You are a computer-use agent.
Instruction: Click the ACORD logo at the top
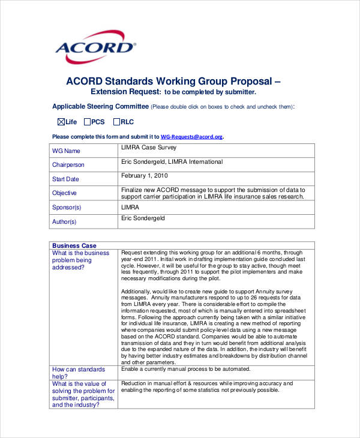pyautogui.click(x=95, y=46)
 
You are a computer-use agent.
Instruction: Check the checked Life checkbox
pyautogui.click(x=61, y=122)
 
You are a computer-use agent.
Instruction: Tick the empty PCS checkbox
pyautogui.click(x=87, y=122)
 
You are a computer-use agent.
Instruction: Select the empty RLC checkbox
pyautogui.click(x=116, y=122)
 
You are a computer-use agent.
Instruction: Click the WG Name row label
pyautogui.click(x=66, y=151)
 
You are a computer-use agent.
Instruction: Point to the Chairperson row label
pyautogui.click(x=68, y=165)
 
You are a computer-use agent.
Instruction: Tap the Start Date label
pyautogui.click(x=65, y=179)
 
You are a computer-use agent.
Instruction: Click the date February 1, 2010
pyautogui.click(x=145, y=176)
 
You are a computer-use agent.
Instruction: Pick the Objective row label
pyautogui.click(x=64, y=193)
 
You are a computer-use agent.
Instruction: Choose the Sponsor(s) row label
pyautogui.click(x=67, y=207)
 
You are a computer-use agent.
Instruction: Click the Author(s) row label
pyautogui.click(x=65, y=221)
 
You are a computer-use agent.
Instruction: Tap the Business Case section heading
pyautogui.click(x=74, y=245)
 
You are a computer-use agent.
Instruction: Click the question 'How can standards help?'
pyautogui.click(x=79, y=373)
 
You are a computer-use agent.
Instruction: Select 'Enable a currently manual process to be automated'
pyautogui.click(x=185, y=369)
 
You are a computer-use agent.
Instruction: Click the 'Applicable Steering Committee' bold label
pyautogui.click(x=100, y=107)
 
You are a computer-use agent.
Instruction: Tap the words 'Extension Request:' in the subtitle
pyautogui.click(x=125, y=92)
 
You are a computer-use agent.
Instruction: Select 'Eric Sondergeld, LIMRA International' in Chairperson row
pyautogui.click(x=172, y=162)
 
